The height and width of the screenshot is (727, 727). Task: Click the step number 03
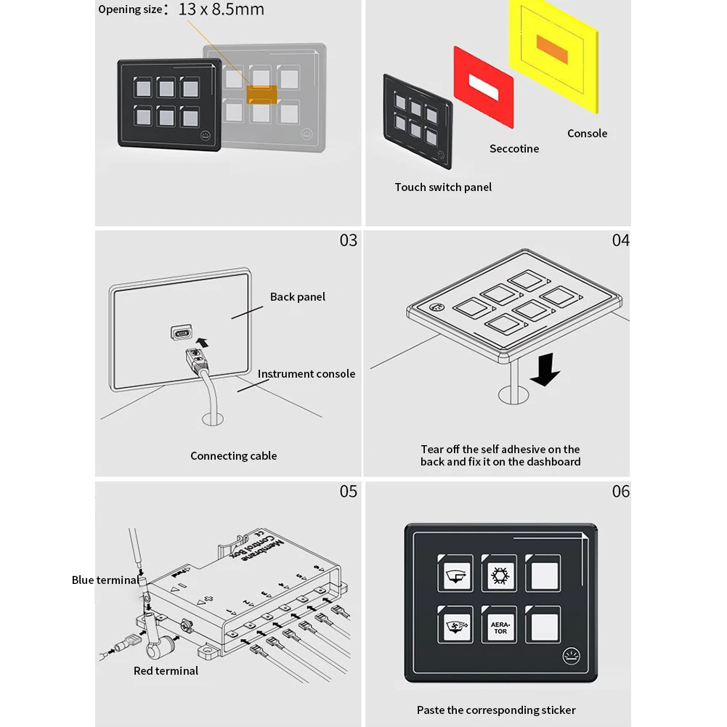tap(349, 240)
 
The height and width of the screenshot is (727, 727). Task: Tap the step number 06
tap(621, 492)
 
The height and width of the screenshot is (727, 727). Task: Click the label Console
tap(587, 134)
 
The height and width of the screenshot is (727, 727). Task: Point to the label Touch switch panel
tap(443, 187)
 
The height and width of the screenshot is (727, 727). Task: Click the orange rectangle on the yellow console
tap(553, 44)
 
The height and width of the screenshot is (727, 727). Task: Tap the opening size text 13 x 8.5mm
tap(222, 9)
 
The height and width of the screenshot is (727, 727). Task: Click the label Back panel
tap(298, 297)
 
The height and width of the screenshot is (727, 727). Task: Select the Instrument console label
tap(306, 374)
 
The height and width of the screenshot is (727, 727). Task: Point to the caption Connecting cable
tap(234, 456)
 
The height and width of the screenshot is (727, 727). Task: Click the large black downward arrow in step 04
tap(545, 369)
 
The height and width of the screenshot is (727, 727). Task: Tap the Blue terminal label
tap(105, 580)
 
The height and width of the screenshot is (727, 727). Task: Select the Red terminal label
tap(166, 671)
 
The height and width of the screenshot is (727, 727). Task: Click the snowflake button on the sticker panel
tap(499, 575)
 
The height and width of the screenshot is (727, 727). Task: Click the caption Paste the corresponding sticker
tap(496, 710)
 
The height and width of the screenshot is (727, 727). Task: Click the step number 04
tap(620, 240)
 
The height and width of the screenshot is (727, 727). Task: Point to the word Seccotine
tap(514, 149)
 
